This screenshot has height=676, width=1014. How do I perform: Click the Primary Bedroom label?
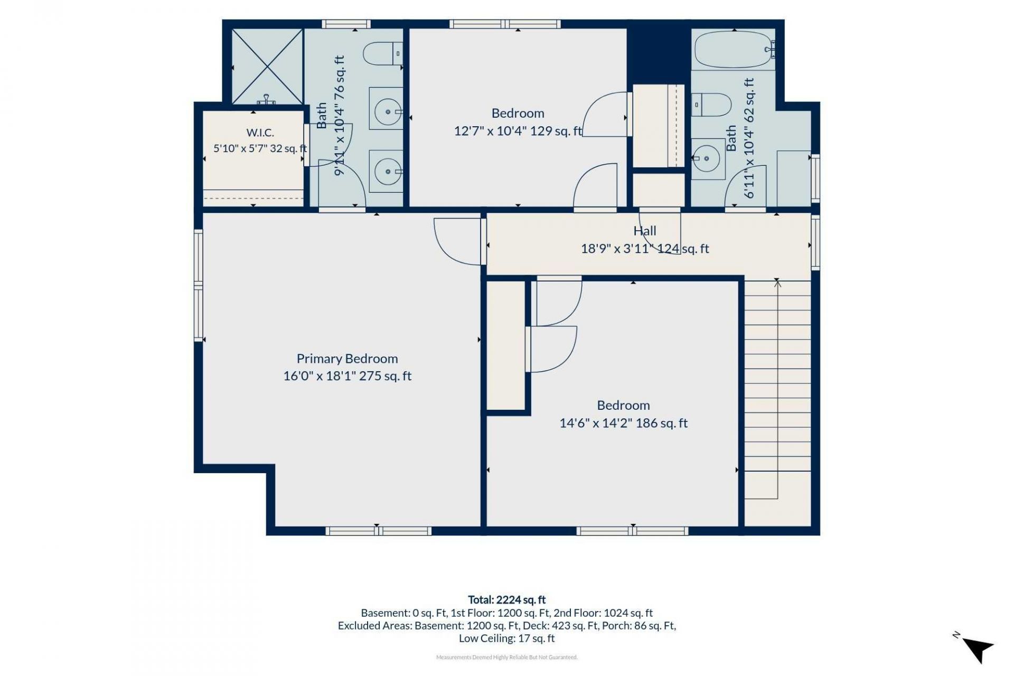pos(347,359)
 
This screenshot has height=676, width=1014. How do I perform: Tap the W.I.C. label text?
pos(260,133)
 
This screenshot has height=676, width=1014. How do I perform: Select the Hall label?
pos(645,231)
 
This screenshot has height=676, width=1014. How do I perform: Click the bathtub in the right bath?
pos(734,49)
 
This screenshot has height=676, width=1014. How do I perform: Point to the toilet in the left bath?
pos(383,54)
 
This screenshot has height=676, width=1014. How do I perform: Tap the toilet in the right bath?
pos(711,105)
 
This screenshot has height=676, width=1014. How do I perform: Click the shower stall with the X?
pos(268,67)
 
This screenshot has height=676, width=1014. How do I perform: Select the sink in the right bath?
pos(708,158)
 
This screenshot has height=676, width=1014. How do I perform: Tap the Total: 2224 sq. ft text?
pos(507,599)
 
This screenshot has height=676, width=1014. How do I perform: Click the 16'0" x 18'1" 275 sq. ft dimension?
pos(347,376)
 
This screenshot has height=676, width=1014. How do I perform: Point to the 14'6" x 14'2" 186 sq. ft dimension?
pos(624,423)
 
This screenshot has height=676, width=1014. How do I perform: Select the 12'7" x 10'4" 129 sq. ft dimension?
pos(518,130)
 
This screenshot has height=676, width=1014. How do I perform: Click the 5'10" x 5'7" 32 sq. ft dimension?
pos(260,148)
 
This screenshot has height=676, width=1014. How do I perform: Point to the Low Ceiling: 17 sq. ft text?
pos(507,638)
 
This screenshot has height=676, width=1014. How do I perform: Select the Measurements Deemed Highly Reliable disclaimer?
pos(507,658)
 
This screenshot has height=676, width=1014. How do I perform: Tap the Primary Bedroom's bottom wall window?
pos(378,531)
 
